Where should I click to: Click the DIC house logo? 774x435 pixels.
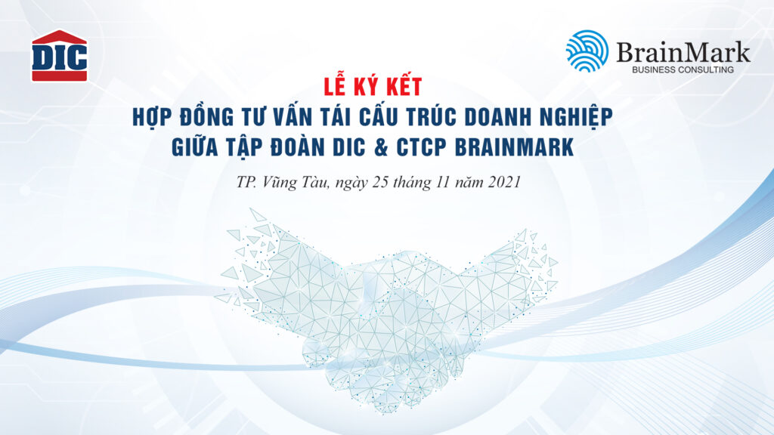[59, 56]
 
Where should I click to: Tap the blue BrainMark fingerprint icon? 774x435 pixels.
[587, 51]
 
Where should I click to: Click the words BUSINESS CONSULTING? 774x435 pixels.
[683, 70]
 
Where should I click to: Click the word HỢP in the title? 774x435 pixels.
[151, 117]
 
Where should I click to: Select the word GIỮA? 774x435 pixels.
[194, 147]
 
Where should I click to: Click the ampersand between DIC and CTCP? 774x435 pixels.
[381, 147]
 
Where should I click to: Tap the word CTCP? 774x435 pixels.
[421, 147]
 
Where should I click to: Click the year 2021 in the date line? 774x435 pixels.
[504, 182]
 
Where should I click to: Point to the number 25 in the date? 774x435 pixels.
[381, 182]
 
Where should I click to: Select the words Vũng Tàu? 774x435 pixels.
[296, 181]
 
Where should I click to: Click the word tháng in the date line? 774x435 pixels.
[412, 183]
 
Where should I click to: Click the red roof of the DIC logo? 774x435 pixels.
[59, 38]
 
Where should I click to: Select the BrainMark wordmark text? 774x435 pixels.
[683, 52]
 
